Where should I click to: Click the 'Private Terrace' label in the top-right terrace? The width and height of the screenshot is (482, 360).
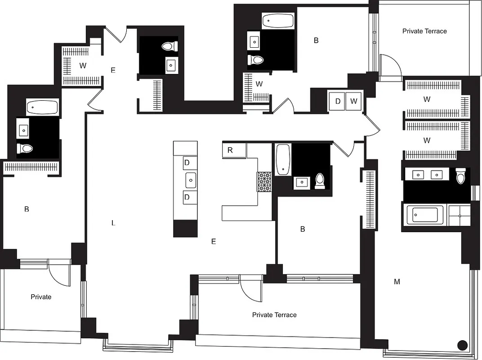click(x=424, y=31)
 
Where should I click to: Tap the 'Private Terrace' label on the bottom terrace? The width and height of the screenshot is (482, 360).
click(x=274, y=315)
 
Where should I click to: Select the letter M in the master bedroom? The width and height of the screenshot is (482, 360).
click(x=397, y=282)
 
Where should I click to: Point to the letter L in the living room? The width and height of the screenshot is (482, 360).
click(x=113, y=223)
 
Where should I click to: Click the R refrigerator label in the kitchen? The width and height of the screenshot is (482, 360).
click(x=230, y=150)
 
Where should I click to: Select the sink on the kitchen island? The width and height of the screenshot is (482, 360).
click(x=191, y=180)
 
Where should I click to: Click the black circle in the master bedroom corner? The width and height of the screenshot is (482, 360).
click(x=462, y=346)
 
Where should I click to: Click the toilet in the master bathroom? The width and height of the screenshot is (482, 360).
click(x=461, y=176)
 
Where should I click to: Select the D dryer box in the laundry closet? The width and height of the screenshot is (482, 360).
click(x=338, y=101)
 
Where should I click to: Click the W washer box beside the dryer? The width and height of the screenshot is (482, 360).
click(x=354, y=101)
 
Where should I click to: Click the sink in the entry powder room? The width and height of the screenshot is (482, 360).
click(x=171, y=65)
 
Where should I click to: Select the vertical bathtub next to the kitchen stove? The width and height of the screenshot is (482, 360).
click(x=283, y=160)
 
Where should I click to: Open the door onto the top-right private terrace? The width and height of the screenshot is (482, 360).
click(x=389, y=67)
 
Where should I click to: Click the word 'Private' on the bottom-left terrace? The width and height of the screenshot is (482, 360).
click(x=41, y=297)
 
